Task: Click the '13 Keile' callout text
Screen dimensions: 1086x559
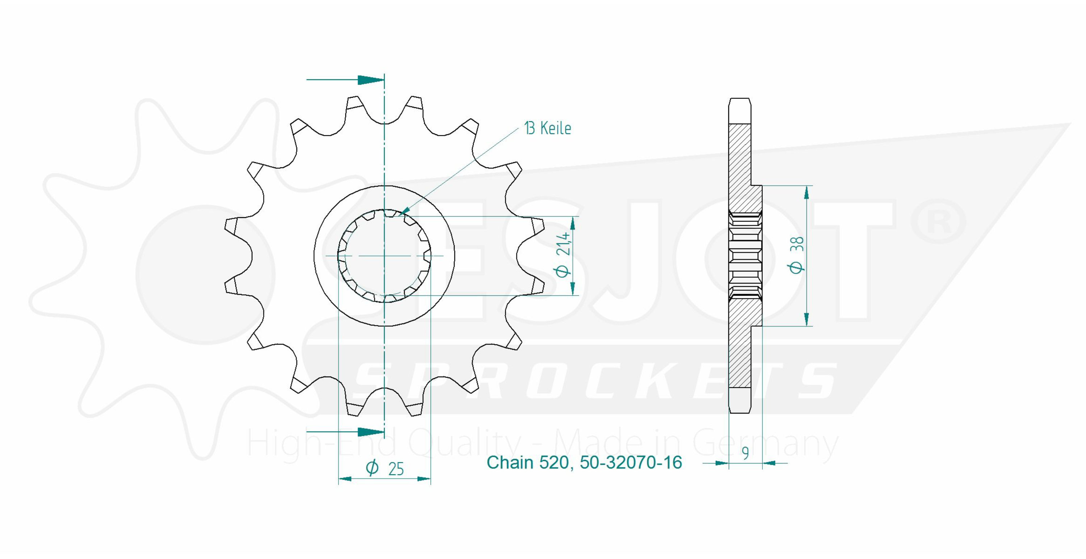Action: click(x=548, y=128)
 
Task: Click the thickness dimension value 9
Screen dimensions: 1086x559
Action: click(x=745, y=453)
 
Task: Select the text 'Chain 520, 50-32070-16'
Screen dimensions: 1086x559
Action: click(x=584, y=462)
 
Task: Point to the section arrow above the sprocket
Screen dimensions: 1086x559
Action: click(x=345, y=80)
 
